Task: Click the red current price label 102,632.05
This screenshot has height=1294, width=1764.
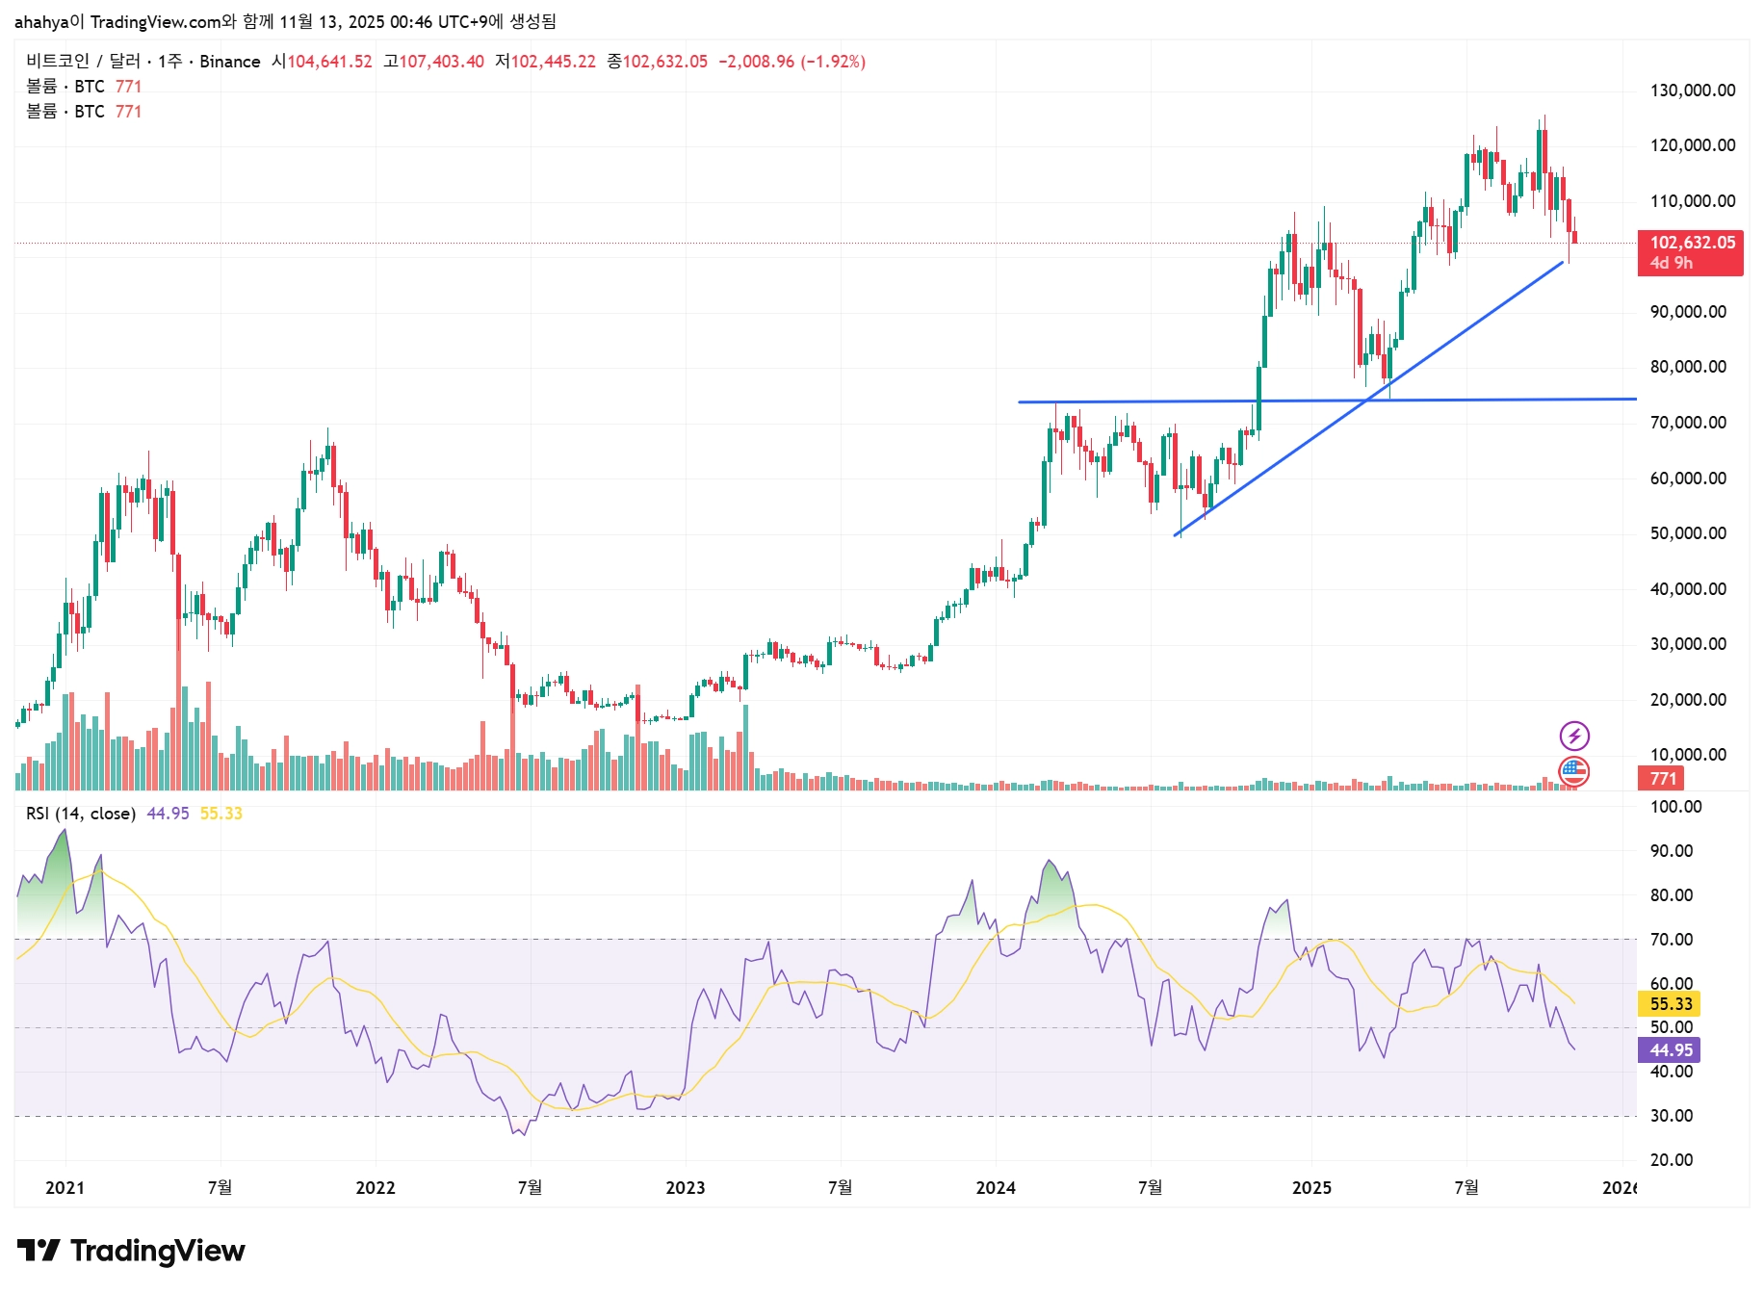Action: pyautogui.click(x=1692, y=243)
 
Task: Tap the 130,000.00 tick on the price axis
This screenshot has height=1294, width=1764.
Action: pyautogui.click(x=1692, y=91)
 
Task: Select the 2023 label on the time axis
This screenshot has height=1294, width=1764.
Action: pyautogui.click(x=685, y=1187)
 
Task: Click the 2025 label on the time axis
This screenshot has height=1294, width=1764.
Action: pyautogui.click(x=1310, y=1187)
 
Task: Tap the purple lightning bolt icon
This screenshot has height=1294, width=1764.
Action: pyautogui.click(x=1574, y=737)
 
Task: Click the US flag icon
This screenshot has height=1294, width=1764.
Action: pyautogui.click(x=1574, y=771)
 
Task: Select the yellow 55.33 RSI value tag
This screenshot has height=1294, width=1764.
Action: pyautogui.click(x=1670, y=1004)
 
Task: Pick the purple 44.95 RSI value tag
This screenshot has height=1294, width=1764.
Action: pyautogui.click(x=1670, y=1050)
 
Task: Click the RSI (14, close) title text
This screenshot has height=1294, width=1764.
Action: pyautogui.click(x=80, y=814)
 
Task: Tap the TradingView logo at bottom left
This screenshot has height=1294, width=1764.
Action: pyautogui.click(x=131, y=1251)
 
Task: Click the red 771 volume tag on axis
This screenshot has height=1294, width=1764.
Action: pyautogui.click(x=1662, y=779)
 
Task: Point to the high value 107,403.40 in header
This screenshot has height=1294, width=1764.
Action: pyautogui.click(x=441, y=62)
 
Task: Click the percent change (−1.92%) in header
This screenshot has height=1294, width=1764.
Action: pyautogui.click(x=833, y=62)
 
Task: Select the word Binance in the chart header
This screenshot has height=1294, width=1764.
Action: pyautogui.click(x=229, y=62)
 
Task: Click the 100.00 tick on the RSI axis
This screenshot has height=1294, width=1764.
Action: pyautogui.click(x=1675, y=807)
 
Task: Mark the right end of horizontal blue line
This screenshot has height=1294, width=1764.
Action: pyautogui.click(x=1635, y=399)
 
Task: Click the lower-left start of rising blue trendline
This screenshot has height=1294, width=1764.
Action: pyautogui.click(x=1177, y=535)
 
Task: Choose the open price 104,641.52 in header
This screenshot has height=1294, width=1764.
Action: pyautogui.click(x=329, y=62)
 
